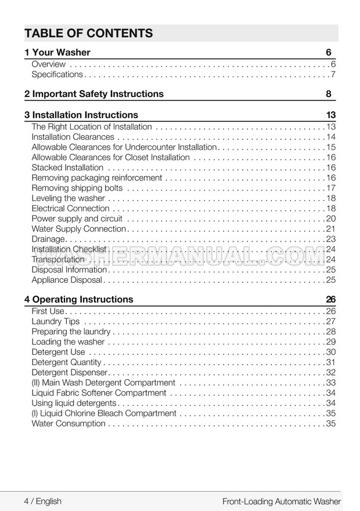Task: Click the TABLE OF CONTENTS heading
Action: click(89, 33)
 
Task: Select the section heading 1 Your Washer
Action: click(57, 53)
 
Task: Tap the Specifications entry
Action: click(57, 75)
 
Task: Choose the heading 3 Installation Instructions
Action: click(81, 115)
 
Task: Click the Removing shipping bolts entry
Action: click(77, 188)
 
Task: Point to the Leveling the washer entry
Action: click(68, 199)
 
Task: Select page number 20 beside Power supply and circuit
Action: click(331, 219)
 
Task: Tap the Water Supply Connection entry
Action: click(78, 229)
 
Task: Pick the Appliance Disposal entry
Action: click(67, 280)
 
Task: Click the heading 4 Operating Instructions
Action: click(79, 300)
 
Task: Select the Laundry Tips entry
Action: click(56, 322)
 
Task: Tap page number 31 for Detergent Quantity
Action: click(331, 362)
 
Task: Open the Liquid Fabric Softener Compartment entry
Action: click(99, 393)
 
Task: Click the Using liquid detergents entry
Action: click(74, 403)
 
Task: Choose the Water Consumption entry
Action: click(69, 424)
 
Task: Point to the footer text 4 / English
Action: click(42, 501)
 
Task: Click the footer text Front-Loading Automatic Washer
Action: click(282, 501)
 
